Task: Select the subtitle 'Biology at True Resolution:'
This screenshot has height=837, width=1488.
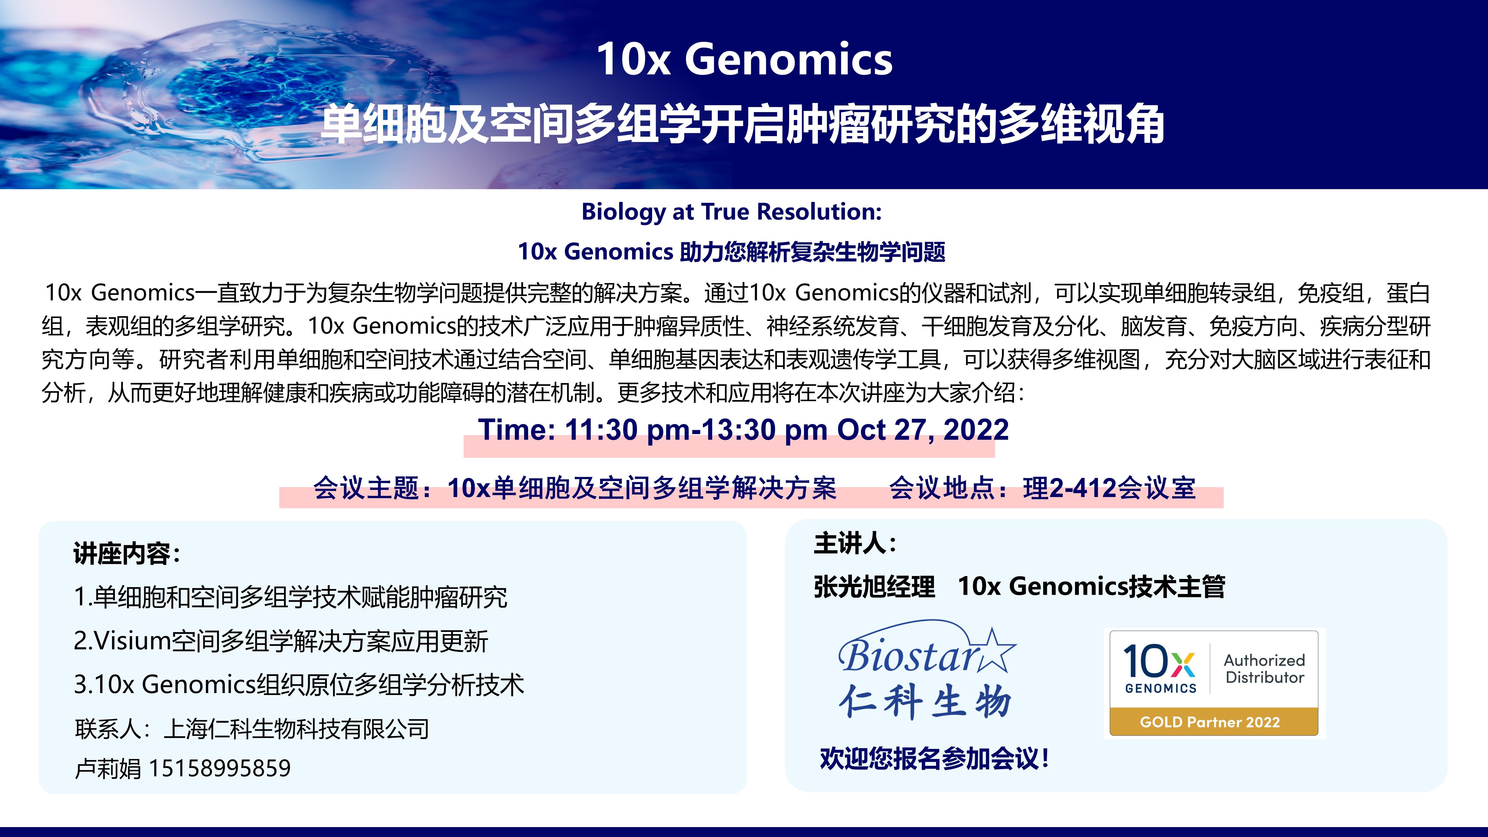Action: click(x=731, y=212)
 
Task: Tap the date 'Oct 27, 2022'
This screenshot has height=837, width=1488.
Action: click(x=923, y=430)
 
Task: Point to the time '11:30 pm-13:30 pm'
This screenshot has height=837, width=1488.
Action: click(x=696, y=430)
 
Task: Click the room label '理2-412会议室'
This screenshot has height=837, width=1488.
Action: click(x=1109, y=488)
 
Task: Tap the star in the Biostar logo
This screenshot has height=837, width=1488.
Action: click(x=995, y=651)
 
